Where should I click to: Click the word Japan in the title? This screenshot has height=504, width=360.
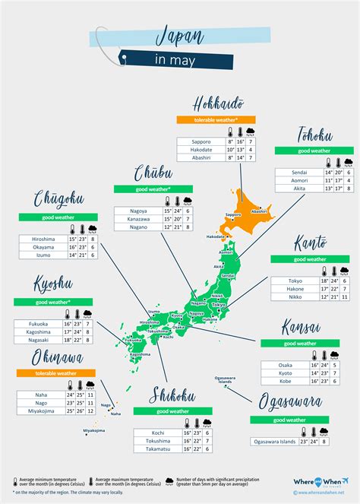tap(182, 35)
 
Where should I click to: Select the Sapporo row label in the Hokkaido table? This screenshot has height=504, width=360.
tap(201, 141)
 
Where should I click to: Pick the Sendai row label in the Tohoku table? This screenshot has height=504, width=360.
tap(298, 173)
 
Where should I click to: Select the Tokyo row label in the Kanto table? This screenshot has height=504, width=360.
tap(295, 281)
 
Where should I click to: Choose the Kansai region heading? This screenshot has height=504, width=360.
tap(305, 328)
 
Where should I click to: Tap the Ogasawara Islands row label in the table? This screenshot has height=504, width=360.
tap(278, 441)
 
